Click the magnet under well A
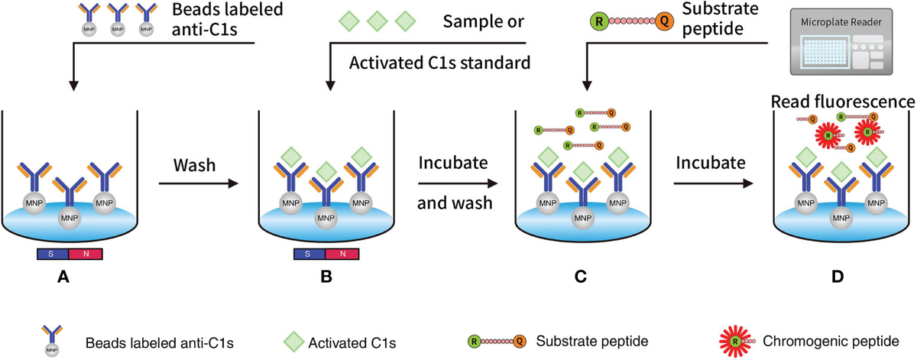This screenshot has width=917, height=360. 70,254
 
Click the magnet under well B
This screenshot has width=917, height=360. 326,254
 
